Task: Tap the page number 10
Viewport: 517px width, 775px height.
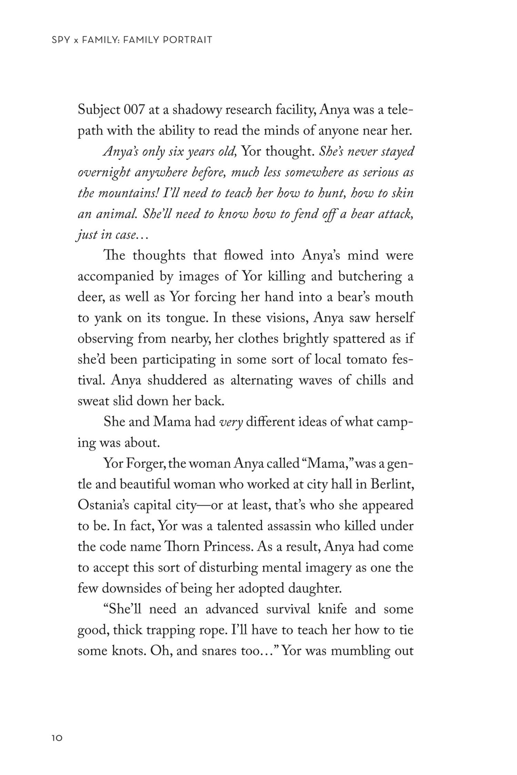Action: pos(57,738)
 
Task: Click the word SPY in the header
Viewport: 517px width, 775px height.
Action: pos(60,40)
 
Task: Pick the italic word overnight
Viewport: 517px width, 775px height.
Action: pos(104,173)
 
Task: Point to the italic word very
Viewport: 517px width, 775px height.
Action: pos(231,422)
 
